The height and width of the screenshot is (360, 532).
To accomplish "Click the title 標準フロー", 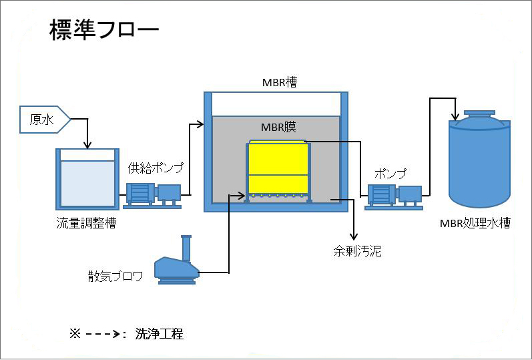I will (x=104, y=31).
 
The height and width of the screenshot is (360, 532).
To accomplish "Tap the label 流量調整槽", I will (x=86, y=224).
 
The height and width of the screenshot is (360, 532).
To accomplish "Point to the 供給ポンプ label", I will (x=156, y=168).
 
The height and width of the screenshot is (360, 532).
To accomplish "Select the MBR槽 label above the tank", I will (x=279, y=83).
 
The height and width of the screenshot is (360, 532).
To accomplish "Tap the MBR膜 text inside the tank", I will (x=280, y=128).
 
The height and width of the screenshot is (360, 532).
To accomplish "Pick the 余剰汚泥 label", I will (x=357, y=252).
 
